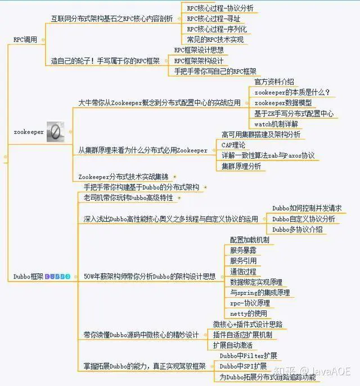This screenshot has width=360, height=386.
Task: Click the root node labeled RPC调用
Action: point(25,39)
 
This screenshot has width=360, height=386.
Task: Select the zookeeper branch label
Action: point(28,132)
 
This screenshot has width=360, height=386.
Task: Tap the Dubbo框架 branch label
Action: point(28,276)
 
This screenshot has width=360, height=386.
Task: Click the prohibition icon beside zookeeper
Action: point(55,132)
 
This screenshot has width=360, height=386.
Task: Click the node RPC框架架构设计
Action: point(199,61)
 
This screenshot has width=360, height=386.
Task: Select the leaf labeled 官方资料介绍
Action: point(274,82)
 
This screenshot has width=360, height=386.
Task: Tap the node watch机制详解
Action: point(276,124)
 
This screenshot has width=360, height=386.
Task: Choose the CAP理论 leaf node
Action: point(233,145)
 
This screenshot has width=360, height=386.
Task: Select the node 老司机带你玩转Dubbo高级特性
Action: point(129,198)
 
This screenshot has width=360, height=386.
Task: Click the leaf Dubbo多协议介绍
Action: point(298,230)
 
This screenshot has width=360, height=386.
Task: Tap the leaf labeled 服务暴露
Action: point(244,250)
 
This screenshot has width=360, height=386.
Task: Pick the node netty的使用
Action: point(249,313)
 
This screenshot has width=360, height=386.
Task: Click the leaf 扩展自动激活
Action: point(233,345)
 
